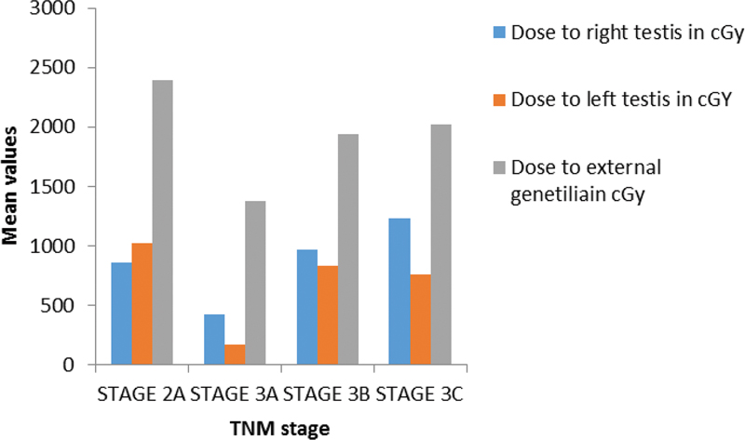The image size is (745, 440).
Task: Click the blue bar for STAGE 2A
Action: (122, 313)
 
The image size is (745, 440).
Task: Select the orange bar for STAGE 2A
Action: (142, 304)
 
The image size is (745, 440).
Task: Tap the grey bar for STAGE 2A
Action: (162, 222)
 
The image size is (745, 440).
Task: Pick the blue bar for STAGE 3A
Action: (214, 340)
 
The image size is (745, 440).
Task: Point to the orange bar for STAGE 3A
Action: (235, 354)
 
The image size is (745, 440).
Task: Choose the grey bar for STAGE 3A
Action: (255, 283)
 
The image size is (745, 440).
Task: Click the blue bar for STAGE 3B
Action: (307, 307)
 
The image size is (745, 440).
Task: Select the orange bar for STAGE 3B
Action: (328, 315)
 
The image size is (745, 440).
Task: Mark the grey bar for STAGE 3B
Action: (348, 249)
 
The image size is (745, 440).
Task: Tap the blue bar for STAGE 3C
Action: (400, 291)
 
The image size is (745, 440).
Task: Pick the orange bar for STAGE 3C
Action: (421, 319)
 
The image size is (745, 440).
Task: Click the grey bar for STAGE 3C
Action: (440, 245)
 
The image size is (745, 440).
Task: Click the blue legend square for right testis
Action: (499, 33)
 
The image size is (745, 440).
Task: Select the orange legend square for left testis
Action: (499, 100)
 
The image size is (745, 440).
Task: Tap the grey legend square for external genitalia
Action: (499, 167)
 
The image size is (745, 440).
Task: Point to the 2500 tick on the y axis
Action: (91, 68)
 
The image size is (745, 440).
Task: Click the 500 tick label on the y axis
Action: (58, 306)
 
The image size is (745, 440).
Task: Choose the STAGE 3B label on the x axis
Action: (327, 394)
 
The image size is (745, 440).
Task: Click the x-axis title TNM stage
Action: (280, 429)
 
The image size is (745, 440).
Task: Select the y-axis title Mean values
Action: (9, 186)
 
